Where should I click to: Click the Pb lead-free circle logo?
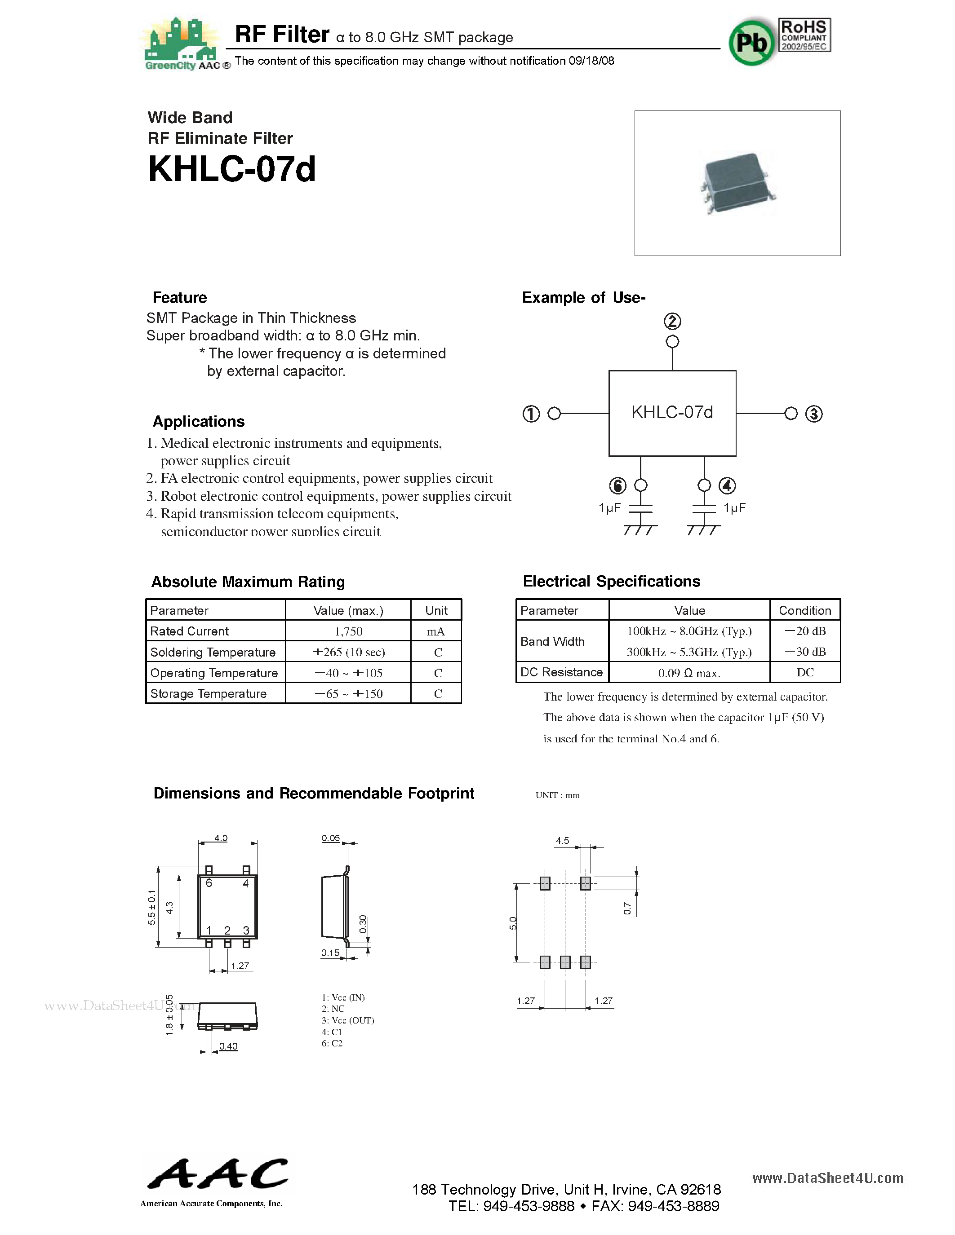pos(751,42)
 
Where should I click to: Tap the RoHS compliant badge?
pos(804,35)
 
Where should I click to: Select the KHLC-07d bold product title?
pos(231,169)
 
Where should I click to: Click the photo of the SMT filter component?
pos(737,183)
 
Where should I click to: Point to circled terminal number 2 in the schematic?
pos(672,322)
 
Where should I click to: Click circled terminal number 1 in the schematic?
pos(531,414)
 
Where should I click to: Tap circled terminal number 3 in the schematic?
pos(813,414)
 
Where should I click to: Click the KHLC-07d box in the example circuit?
pos(672,413)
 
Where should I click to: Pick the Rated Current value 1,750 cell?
pos(348,631)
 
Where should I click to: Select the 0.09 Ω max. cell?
pos(688,673)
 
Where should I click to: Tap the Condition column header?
pos(804,610)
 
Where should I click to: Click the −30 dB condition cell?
pos(804,652)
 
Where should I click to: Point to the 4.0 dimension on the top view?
pos(221,838)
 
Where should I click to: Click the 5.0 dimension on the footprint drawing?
pos(513,923)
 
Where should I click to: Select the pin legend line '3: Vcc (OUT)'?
pos(347,1020)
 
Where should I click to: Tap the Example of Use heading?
pos(583,297)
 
